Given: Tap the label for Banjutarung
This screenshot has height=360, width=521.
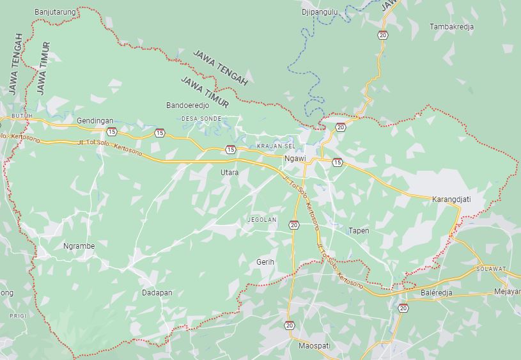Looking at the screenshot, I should tap(55, 12).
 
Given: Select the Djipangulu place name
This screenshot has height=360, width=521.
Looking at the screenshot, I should tap(320, 12).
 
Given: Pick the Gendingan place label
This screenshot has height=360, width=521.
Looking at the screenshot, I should tap(95, 120).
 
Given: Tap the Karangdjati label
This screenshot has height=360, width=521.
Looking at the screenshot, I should tap(451, 199).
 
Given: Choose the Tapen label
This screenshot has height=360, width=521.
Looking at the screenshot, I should tap(359, 230).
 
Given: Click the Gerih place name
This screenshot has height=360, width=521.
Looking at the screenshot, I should tap(265, 262).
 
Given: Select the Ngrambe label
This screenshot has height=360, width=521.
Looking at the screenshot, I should tap(79, 246).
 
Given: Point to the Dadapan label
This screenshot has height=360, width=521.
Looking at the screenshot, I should tap(157, 293).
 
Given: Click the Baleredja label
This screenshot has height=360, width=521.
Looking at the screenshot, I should tap(437, 293).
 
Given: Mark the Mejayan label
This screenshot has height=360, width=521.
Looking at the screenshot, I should tap(507, 292).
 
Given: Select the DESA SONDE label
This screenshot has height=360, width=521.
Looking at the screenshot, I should tap(201, 119).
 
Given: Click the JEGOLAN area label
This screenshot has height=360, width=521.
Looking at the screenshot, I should tap(262, 220).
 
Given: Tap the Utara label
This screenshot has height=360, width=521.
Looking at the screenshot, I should tap(229, 173).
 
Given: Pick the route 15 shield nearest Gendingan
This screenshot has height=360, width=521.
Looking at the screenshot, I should tap(112, 132).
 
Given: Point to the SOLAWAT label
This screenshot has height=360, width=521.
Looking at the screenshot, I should tap(491, 269).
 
